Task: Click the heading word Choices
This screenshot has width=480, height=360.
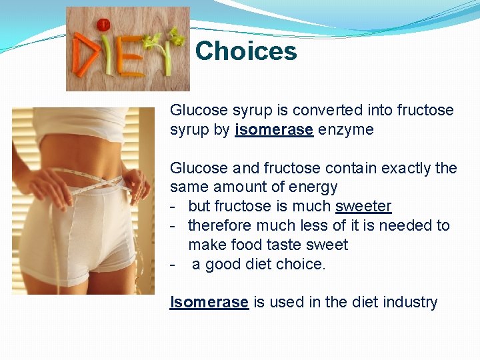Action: point(246,51)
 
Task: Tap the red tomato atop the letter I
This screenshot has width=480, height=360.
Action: point(103,25)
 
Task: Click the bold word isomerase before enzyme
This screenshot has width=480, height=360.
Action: point(274,129)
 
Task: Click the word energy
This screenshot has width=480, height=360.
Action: point(314,187)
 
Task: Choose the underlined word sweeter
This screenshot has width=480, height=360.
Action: point(363,207)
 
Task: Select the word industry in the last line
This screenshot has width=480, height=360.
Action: point(411,303)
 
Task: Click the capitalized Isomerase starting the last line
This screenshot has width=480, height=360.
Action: point(209,303)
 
